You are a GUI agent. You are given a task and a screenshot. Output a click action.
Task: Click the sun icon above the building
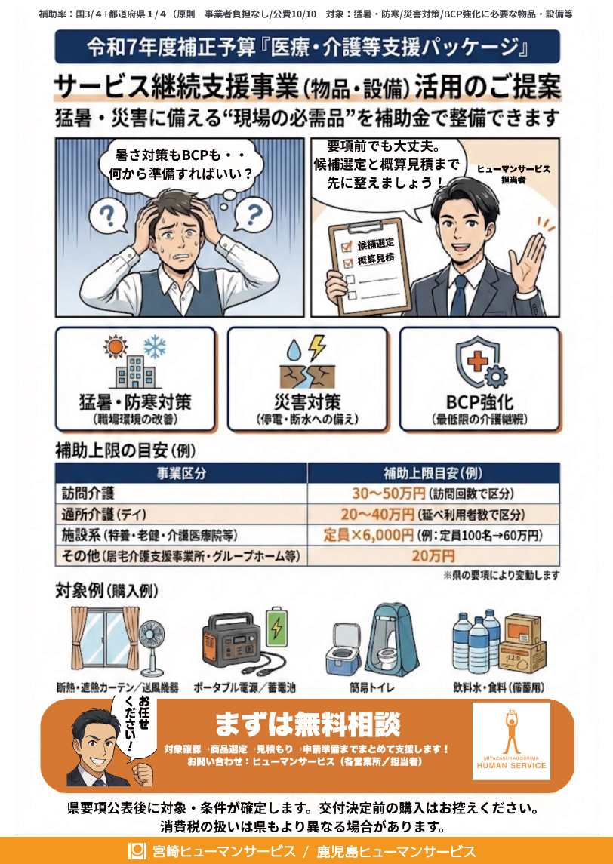click(116, 346)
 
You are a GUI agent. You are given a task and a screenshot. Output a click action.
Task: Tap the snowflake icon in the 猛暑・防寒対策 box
click(155, 347)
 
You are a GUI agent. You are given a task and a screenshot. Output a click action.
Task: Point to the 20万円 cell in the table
click(433, 556)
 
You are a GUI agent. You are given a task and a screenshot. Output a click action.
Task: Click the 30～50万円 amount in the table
click(389, 493)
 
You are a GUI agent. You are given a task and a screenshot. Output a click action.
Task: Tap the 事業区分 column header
click(181, 473)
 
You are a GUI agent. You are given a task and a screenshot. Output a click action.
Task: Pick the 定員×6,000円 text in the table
click(368, 535)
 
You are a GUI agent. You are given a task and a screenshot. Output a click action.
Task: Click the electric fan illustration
click(154, 644)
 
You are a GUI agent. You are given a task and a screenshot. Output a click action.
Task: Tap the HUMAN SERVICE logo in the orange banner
click(511, 740)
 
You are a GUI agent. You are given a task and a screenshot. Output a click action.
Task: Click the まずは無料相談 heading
click(307, 724)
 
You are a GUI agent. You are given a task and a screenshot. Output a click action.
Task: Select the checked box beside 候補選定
click(348, 246)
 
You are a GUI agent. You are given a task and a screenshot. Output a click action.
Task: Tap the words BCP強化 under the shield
click(479, 401)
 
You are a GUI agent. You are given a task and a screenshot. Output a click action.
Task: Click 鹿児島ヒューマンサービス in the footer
click(396, 850)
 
